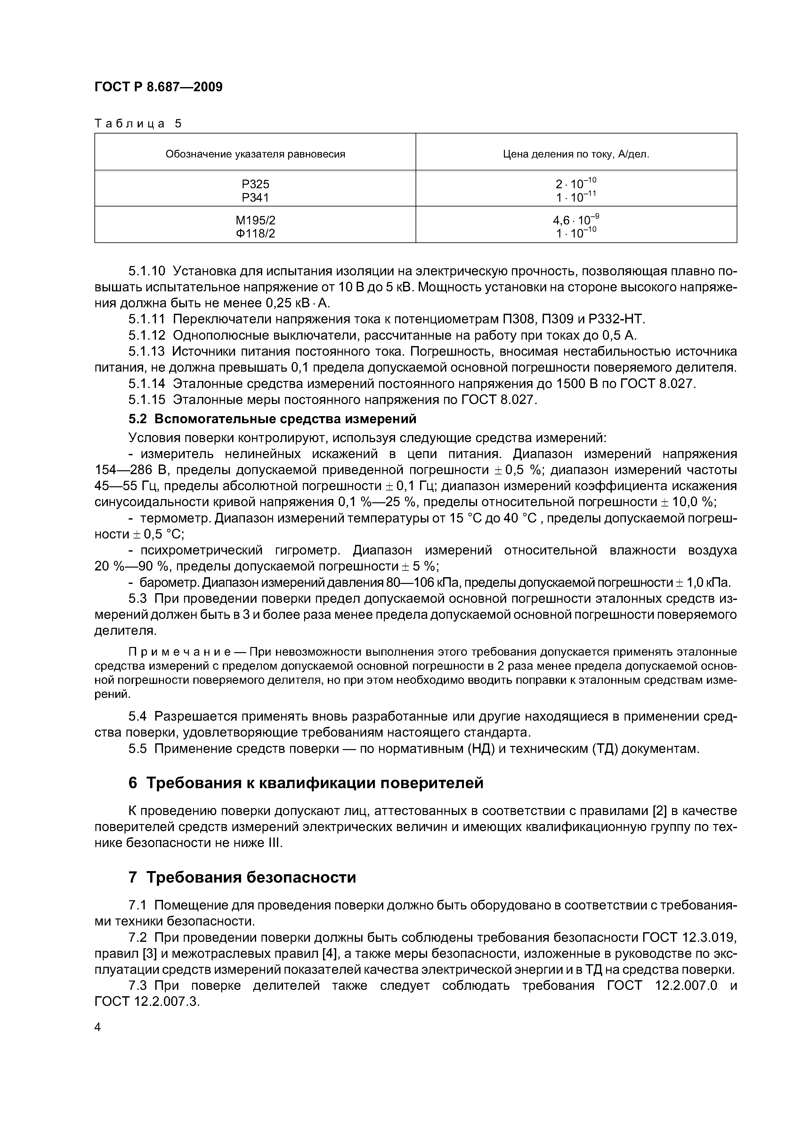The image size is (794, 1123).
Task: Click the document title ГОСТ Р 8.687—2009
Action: [158, 87]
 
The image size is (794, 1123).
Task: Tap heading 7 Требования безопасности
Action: [242, 877]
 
